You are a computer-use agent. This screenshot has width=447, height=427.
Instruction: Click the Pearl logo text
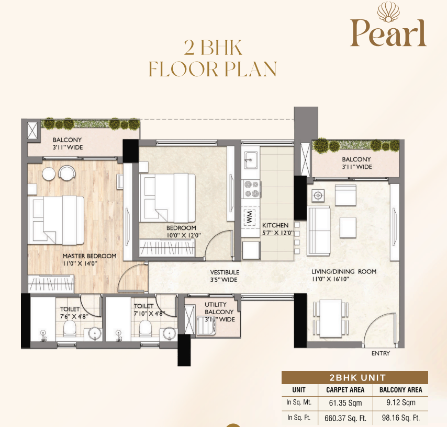point(388,33)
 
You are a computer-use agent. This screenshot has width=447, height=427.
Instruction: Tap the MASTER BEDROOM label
point(90,256)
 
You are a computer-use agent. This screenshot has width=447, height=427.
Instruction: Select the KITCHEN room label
point(275,225)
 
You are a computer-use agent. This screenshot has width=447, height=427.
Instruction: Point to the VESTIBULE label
point(225,272)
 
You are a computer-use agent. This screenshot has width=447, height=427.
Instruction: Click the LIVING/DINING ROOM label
point(344,272)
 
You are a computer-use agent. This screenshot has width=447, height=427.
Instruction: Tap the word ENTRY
point(381,353)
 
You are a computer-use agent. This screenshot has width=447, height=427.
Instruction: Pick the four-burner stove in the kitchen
point(251,189)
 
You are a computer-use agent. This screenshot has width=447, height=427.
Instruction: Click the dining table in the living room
point(331,318)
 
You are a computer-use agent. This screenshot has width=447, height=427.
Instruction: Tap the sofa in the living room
point(319,231)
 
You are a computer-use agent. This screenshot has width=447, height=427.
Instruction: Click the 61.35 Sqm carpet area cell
point(345,403)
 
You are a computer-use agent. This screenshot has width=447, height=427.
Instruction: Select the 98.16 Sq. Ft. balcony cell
point(401,418)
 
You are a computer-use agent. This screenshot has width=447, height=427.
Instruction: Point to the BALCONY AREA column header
point(400,390)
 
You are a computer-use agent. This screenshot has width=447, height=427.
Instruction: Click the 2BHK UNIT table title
point(357,378)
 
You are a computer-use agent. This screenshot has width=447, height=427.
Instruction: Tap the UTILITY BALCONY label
point(219,308)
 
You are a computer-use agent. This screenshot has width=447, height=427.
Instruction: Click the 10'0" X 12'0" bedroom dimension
point(184,235)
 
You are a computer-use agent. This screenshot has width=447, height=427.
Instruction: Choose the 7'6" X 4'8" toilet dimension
point(74,316)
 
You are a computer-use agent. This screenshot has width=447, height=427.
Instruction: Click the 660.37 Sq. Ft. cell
point(345,418)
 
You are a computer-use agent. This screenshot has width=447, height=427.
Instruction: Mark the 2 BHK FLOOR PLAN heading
point(213,59)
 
